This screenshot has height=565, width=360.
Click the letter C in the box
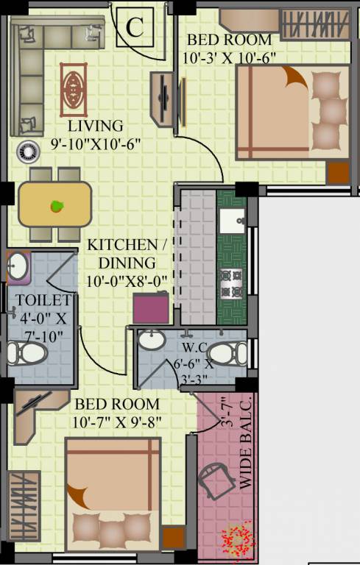(x=134, y=28)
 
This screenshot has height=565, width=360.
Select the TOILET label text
(x=43, y=300)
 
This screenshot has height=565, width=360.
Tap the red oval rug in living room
(x=73, y=88)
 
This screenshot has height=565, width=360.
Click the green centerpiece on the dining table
(x=56, y=206)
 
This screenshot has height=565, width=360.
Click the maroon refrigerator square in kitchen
(x=149, y=308)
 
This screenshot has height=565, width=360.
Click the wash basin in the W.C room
(x=152, y=341)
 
